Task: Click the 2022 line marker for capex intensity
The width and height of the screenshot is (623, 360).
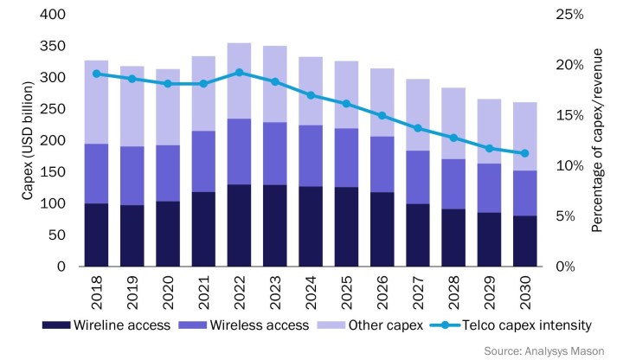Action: click(x=239, y=73)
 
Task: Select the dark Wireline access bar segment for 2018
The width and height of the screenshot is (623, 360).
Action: click(x=96, y=235)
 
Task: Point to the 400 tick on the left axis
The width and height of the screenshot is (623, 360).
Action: click(x=54, y=15)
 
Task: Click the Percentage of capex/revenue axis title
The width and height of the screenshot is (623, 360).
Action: click(x=597, y=141)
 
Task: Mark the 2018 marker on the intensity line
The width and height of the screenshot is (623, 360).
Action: click(x=96, y=74)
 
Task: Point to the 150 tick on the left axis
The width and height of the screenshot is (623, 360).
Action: click(x=54, y=172)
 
